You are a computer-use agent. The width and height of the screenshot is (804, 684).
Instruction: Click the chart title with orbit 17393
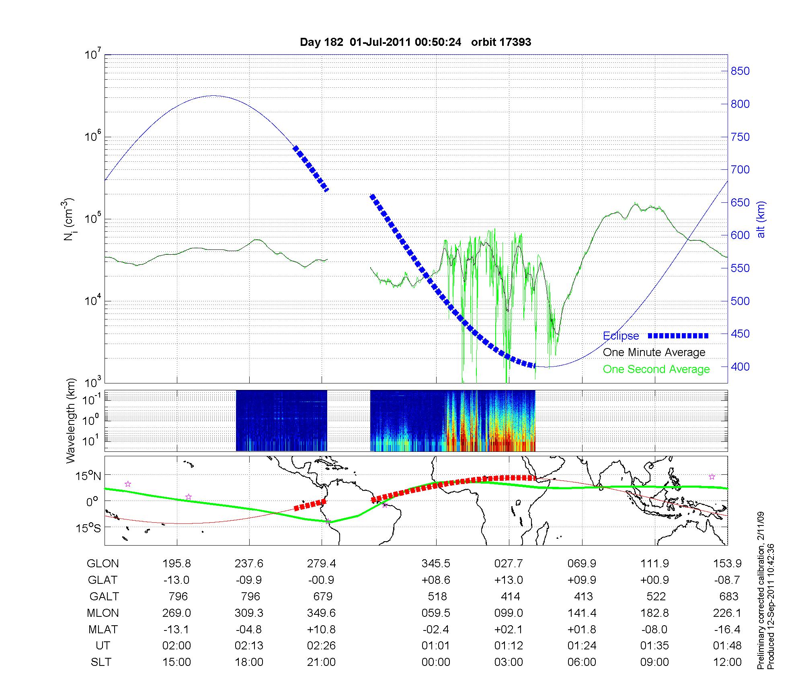click(x=415, y=42)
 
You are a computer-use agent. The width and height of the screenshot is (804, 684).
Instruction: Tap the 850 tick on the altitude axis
click(x=740, y=71)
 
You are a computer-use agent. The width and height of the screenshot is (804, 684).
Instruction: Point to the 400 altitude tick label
click(x=740, y=367)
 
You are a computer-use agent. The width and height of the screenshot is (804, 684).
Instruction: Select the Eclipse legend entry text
click(x=621, y=336)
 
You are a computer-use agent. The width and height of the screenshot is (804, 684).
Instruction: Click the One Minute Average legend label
click(x=654, y=352)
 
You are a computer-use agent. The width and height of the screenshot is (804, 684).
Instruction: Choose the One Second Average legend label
click(x=656, y=369)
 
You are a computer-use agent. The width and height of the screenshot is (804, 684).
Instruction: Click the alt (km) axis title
click(x=761, y=219)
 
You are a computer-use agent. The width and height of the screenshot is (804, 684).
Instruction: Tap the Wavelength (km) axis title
click(x=71, y=420)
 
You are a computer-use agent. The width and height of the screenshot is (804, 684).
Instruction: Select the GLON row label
click(x=103, y=563)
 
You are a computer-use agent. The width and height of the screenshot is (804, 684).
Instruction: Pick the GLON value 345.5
click(x=436, y=563)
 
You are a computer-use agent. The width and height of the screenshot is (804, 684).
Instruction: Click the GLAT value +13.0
click(x=509, y=580)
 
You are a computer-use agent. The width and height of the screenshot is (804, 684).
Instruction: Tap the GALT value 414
click(x=510, y=596)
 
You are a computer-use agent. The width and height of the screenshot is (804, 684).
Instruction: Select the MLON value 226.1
click(x=727, y=613)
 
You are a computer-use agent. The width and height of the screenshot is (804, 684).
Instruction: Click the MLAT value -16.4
click(x=727, y=629)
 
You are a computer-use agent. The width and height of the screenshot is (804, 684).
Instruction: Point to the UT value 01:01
click(x=436, y=646)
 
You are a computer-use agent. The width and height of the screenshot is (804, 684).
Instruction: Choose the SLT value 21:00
click(x=321, y=662)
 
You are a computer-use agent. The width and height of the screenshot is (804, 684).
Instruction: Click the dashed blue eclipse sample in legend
click(x=678, y=336)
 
